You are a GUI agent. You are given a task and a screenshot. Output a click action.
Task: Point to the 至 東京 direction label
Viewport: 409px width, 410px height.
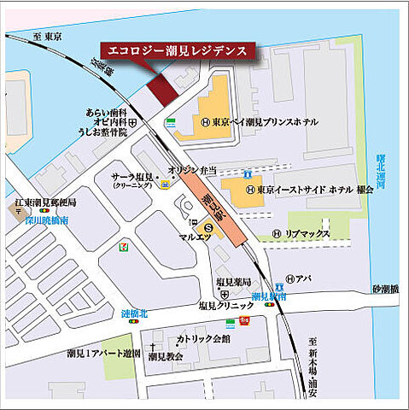tap(49, 37)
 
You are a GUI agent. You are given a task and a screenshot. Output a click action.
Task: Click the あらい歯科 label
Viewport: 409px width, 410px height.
tap(106, 112)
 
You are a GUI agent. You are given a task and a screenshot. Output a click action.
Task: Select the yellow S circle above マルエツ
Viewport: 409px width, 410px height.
tap(207, 226)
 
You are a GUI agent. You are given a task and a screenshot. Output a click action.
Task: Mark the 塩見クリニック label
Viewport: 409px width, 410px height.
tap(226, 305)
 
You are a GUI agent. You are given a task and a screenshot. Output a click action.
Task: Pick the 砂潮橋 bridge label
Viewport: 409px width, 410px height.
tap(384, 289)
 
